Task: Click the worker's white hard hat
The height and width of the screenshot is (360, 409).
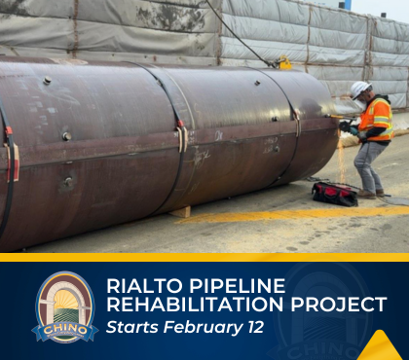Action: click(x=359, y=89)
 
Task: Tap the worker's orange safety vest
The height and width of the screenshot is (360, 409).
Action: click(x=375, y=120)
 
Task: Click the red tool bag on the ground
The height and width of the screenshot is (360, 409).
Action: click(x=334, y=193)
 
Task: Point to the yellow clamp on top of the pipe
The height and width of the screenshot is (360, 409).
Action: click(x=284, y=64)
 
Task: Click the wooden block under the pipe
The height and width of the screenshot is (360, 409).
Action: click(x=182, y=211)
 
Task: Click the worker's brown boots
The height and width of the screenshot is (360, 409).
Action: click(x=368, y=194)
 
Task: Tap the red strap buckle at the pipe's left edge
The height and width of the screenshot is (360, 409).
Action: click(x=13, y=161)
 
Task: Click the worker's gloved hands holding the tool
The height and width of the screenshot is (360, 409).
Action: click(x=348, y=126)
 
